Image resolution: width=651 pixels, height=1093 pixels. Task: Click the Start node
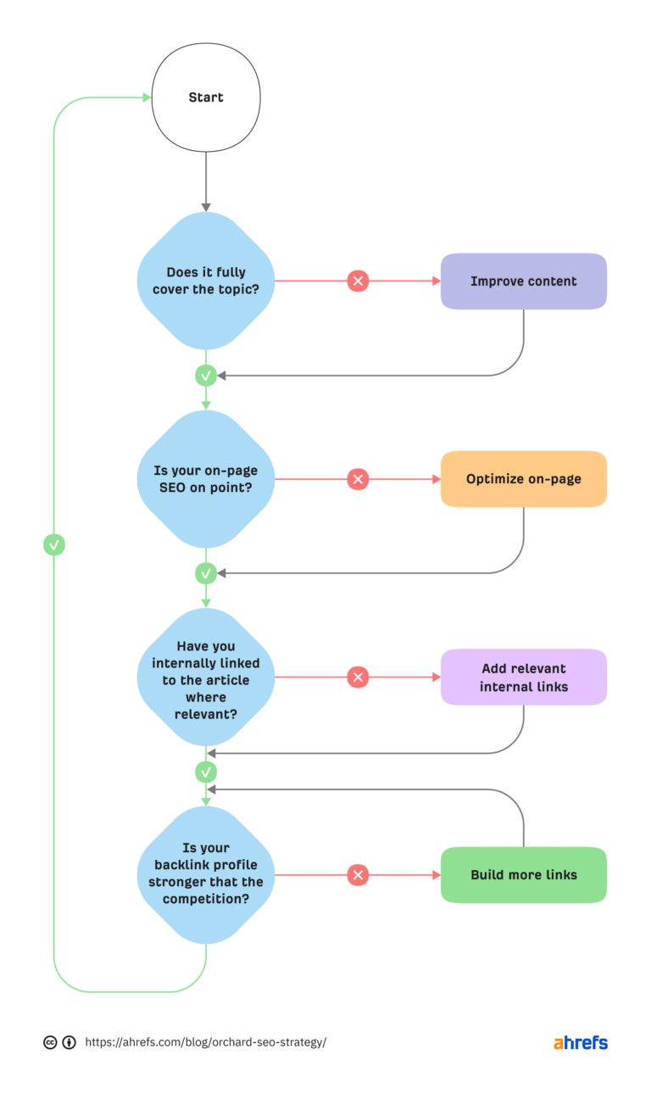click(x=206, y=98)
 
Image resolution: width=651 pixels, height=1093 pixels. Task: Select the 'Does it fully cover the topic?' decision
click(x=206, y=281)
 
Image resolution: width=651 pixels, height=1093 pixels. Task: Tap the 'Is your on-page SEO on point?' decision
click(x=206, y=479)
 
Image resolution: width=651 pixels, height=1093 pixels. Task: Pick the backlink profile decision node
click(x=206, y=874)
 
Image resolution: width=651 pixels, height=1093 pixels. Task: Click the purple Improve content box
click(x=523, y=281)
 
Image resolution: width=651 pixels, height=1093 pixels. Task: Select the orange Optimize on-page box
click(x=523, y=479)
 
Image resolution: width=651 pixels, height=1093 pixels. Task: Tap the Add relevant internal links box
click(x=523, y=677)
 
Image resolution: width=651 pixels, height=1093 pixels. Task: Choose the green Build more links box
click(x=523, y=874)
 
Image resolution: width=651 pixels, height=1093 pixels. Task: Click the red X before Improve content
click(x=358, y=281)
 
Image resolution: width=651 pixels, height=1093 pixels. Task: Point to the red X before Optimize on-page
click(x=358, y=479)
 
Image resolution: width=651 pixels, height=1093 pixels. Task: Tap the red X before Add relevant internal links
click(x=358, y=677)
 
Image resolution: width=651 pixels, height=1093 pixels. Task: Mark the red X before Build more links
click(x=358, y=874)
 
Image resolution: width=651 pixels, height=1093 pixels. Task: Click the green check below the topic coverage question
click(x=206, y=375)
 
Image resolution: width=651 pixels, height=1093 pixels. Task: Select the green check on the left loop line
click(x=54, y=544)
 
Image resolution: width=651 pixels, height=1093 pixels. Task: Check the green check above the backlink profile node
click(x=206, y=772)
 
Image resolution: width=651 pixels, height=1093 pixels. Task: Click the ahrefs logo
click(x=581, y=1042)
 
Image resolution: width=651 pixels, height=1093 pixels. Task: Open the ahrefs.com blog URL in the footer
click(x=205, y=1042)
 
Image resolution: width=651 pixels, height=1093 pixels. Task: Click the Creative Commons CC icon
click(x=50, y=1042)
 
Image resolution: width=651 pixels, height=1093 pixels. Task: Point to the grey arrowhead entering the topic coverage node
click(x=206, y=206)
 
